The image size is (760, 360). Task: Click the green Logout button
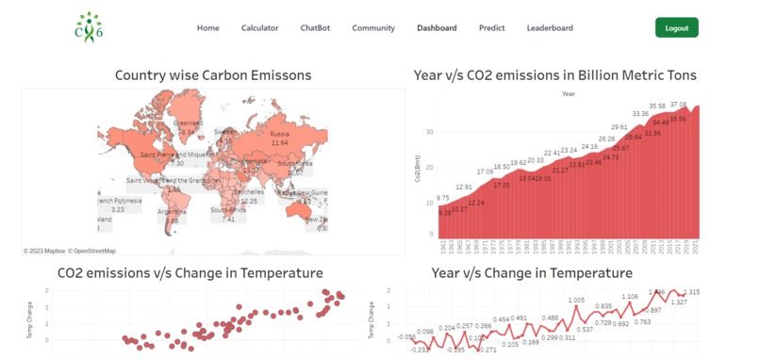(676, 27)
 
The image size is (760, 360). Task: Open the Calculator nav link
(259, 28)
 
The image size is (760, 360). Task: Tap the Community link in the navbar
(373, 28)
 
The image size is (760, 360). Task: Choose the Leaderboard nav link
(550, 28)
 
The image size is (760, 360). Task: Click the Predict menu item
(491, 28)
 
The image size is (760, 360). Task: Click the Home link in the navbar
(207, 28)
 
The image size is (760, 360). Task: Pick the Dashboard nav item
(437, 28)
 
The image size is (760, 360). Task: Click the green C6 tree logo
(89, 27)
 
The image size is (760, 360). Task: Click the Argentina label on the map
(173, 212)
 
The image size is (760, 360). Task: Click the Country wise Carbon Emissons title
(213, 75)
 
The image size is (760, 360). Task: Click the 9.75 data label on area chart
(443, 198)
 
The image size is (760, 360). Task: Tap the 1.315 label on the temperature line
(691, 292)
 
